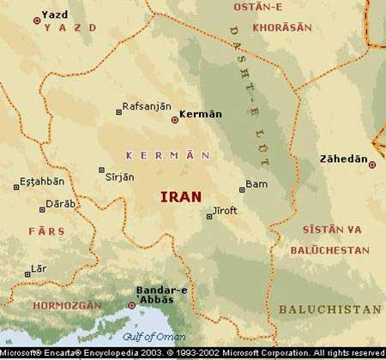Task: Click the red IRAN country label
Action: click(181, 196)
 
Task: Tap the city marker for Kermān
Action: click(175, 119)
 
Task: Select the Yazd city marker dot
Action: click(36, 20)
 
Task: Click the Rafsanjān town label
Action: click(148, 106)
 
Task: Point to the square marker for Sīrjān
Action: click(102, 170)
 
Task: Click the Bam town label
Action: click(257, 183)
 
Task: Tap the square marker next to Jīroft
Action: click(208, 217)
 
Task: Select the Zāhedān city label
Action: click(348, 159)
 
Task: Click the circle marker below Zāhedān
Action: click(371, 165)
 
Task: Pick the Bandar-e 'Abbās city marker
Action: click(131, 304)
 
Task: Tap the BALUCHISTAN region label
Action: click(330, 309)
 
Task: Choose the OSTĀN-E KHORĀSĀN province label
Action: click(277, 16)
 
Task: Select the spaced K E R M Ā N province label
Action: click(167, 155)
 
